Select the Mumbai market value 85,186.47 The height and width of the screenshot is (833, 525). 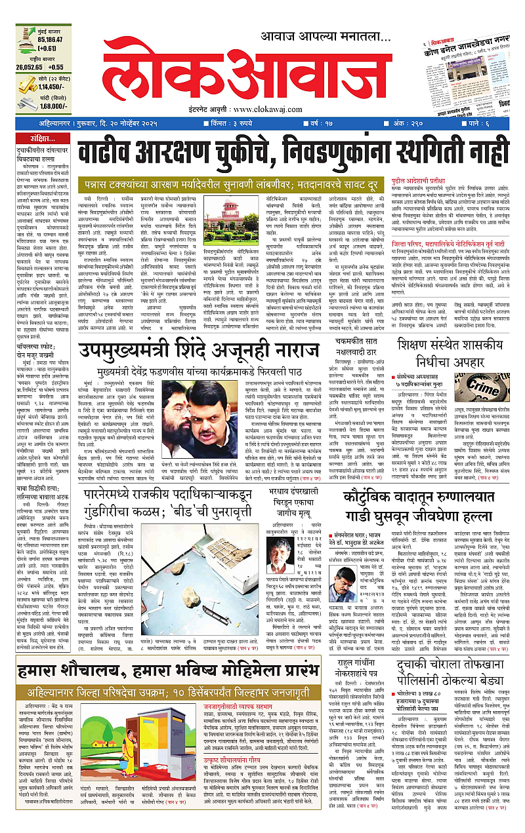[43, 39]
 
